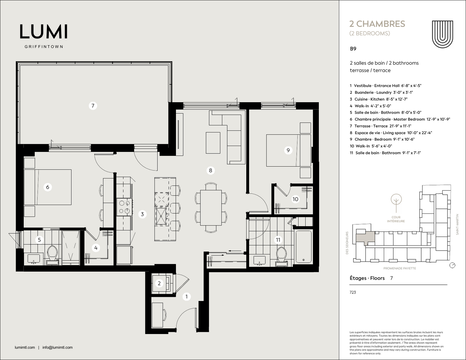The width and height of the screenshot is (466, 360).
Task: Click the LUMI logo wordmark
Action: point(44,32)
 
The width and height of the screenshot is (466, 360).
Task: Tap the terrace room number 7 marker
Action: point(93,106)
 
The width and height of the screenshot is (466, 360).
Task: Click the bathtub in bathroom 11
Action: point(303,247)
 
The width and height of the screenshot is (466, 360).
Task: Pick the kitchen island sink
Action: point(161,216)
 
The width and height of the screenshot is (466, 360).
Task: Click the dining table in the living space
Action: point(211,207)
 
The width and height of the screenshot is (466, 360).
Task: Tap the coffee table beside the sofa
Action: point(213,143)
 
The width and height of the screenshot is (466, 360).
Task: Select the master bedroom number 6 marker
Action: point(48,187)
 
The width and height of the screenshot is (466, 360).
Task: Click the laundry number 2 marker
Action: point(159,283)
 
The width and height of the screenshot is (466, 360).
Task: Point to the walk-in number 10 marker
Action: point(295,199)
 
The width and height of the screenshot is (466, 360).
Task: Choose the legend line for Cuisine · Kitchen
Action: point(378,99)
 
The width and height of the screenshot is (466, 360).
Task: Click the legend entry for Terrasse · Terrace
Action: point(380,126)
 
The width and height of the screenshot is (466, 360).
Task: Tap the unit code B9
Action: point(353,49)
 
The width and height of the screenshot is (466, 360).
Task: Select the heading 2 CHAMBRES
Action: point(377,24)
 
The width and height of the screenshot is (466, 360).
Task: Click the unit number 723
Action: point(353,292)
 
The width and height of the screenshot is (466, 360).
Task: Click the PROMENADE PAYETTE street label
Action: point(399,268)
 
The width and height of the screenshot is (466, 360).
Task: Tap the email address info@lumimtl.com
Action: point(58,347)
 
